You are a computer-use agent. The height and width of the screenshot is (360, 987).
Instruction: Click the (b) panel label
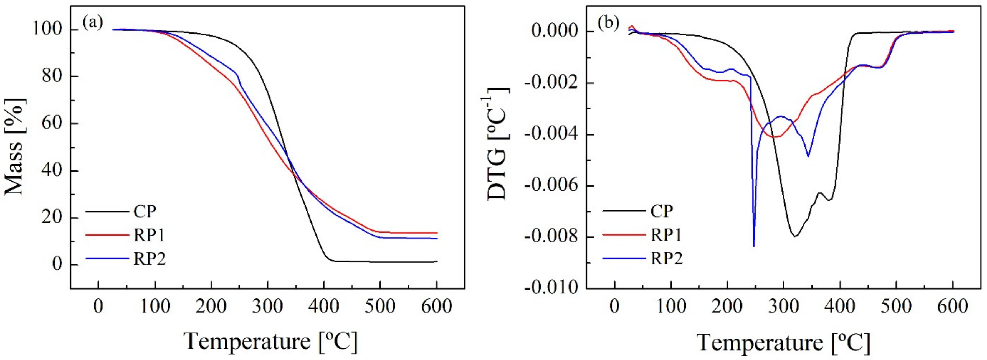[608, 24]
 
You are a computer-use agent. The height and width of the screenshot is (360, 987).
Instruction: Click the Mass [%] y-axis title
[15, 146]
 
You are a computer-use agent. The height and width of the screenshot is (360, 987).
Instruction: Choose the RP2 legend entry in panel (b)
[667, 259]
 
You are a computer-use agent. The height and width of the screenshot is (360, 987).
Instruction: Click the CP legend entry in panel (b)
[662, 211]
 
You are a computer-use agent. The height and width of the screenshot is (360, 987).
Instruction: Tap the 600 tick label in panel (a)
[436, 307]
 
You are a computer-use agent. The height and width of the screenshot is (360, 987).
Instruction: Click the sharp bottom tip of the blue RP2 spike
[754, 246]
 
